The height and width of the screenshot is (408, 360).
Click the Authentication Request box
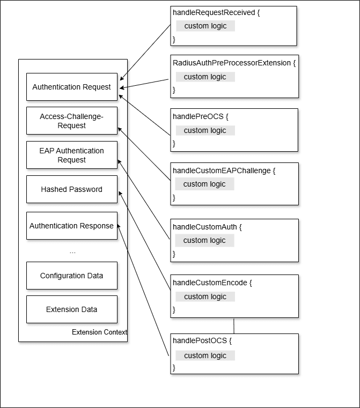click(71, 87)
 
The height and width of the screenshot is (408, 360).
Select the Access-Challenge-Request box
click(71, 121)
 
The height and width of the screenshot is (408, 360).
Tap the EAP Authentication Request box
click(71, 155)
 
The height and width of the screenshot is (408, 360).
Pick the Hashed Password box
click(71, 189)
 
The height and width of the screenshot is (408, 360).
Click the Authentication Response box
click(71, 226)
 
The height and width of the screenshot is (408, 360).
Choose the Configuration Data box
click(71, 276)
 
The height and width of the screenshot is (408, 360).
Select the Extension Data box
click(71, 309)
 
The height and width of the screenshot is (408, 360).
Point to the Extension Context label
click(99, 332)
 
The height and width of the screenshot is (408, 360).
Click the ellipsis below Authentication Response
click(72, 251)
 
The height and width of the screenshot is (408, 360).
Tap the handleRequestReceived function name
click(213, 12)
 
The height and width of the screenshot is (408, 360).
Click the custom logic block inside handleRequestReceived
click(205, 26)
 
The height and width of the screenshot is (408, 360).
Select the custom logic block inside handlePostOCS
click(205, 355)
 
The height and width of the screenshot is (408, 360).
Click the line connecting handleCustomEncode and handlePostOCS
click(234, 325)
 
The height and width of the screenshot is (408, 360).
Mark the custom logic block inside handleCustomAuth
click(204, 240)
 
